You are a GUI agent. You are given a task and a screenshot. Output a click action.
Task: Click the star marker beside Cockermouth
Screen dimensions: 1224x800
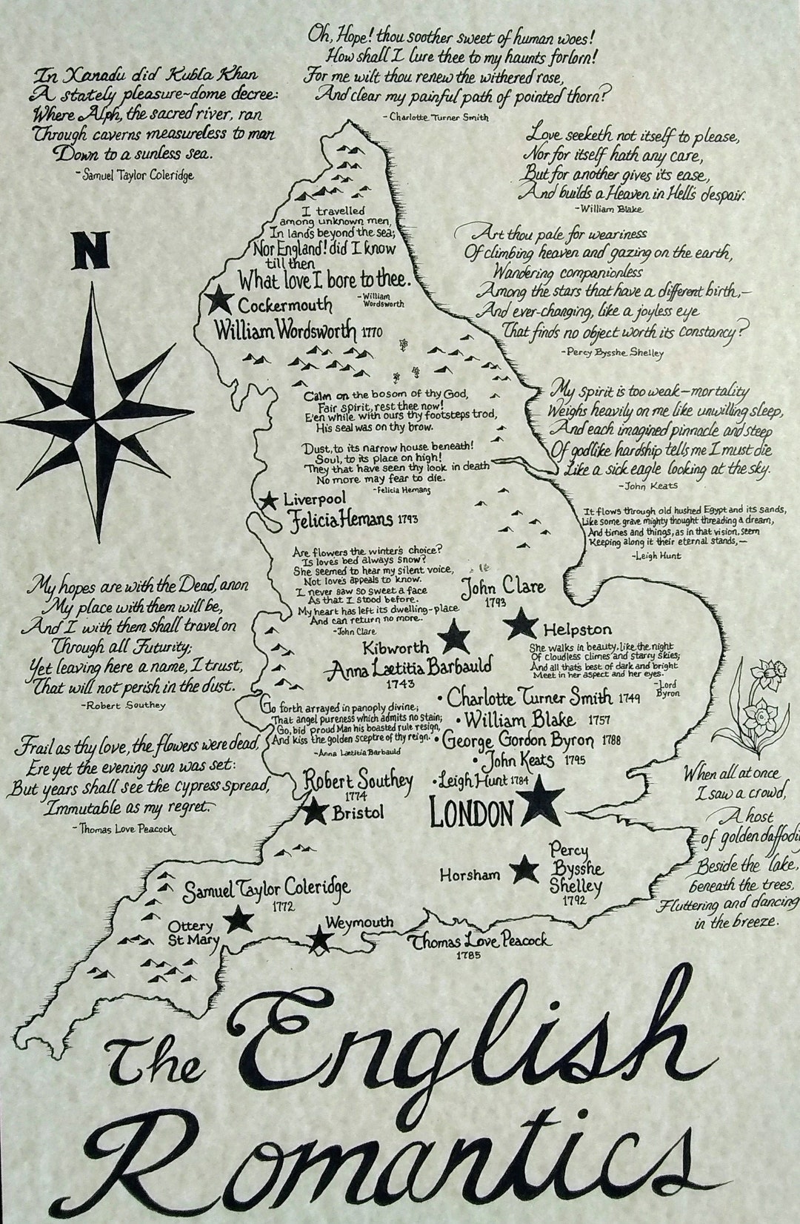(219, 300)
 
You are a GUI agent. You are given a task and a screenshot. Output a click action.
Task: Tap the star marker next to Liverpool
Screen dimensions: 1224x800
(267, 500)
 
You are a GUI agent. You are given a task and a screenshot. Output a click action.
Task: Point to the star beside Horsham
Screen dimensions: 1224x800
(526, 870)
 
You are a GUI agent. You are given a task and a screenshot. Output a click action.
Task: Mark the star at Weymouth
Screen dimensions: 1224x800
(320, 939)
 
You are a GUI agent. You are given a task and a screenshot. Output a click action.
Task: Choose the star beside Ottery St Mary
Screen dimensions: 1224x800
(239, 921)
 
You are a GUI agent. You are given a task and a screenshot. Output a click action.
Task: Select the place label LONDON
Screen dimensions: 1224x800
(471, 814)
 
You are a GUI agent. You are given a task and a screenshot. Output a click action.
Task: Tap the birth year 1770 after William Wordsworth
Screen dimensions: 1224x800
(373, 332)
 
